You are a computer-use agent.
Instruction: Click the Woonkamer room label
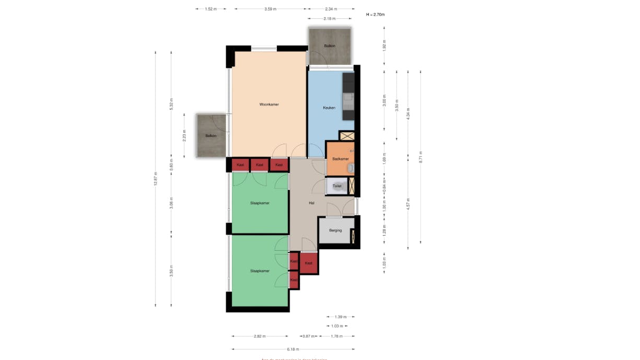(269, 104)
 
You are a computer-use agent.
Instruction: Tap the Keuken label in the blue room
(329, 108)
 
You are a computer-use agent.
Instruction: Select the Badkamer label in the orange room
(340, 159)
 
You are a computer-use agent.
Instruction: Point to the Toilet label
(337, 185)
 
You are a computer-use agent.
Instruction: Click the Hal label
(311, 203)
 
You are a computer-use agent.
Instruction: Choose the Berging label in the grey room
(335, 230)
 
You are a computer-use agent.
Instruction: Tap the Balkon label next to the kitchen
(329, 46)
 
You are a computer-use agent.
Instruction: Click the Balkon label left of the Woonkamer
(211, 136)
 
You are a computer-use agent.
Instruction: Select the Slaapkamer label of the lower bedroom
(260, 271)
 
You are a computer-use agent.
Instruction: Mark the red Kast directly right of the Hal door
(309, 263)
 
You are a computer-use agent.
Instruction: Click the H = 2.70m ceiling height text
(375, 15)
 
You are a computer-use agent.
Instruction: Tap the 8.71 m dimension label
(421, 157)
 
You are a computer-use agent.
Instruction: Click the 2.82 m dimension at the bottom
(260, 336)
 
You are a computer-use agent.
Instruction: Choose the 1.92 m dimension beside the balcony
(385, 45)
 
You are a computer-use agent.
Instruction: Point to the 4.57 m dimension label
(408, 203)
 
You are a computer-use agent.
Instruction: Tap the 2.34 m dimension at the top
(331, 9)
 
